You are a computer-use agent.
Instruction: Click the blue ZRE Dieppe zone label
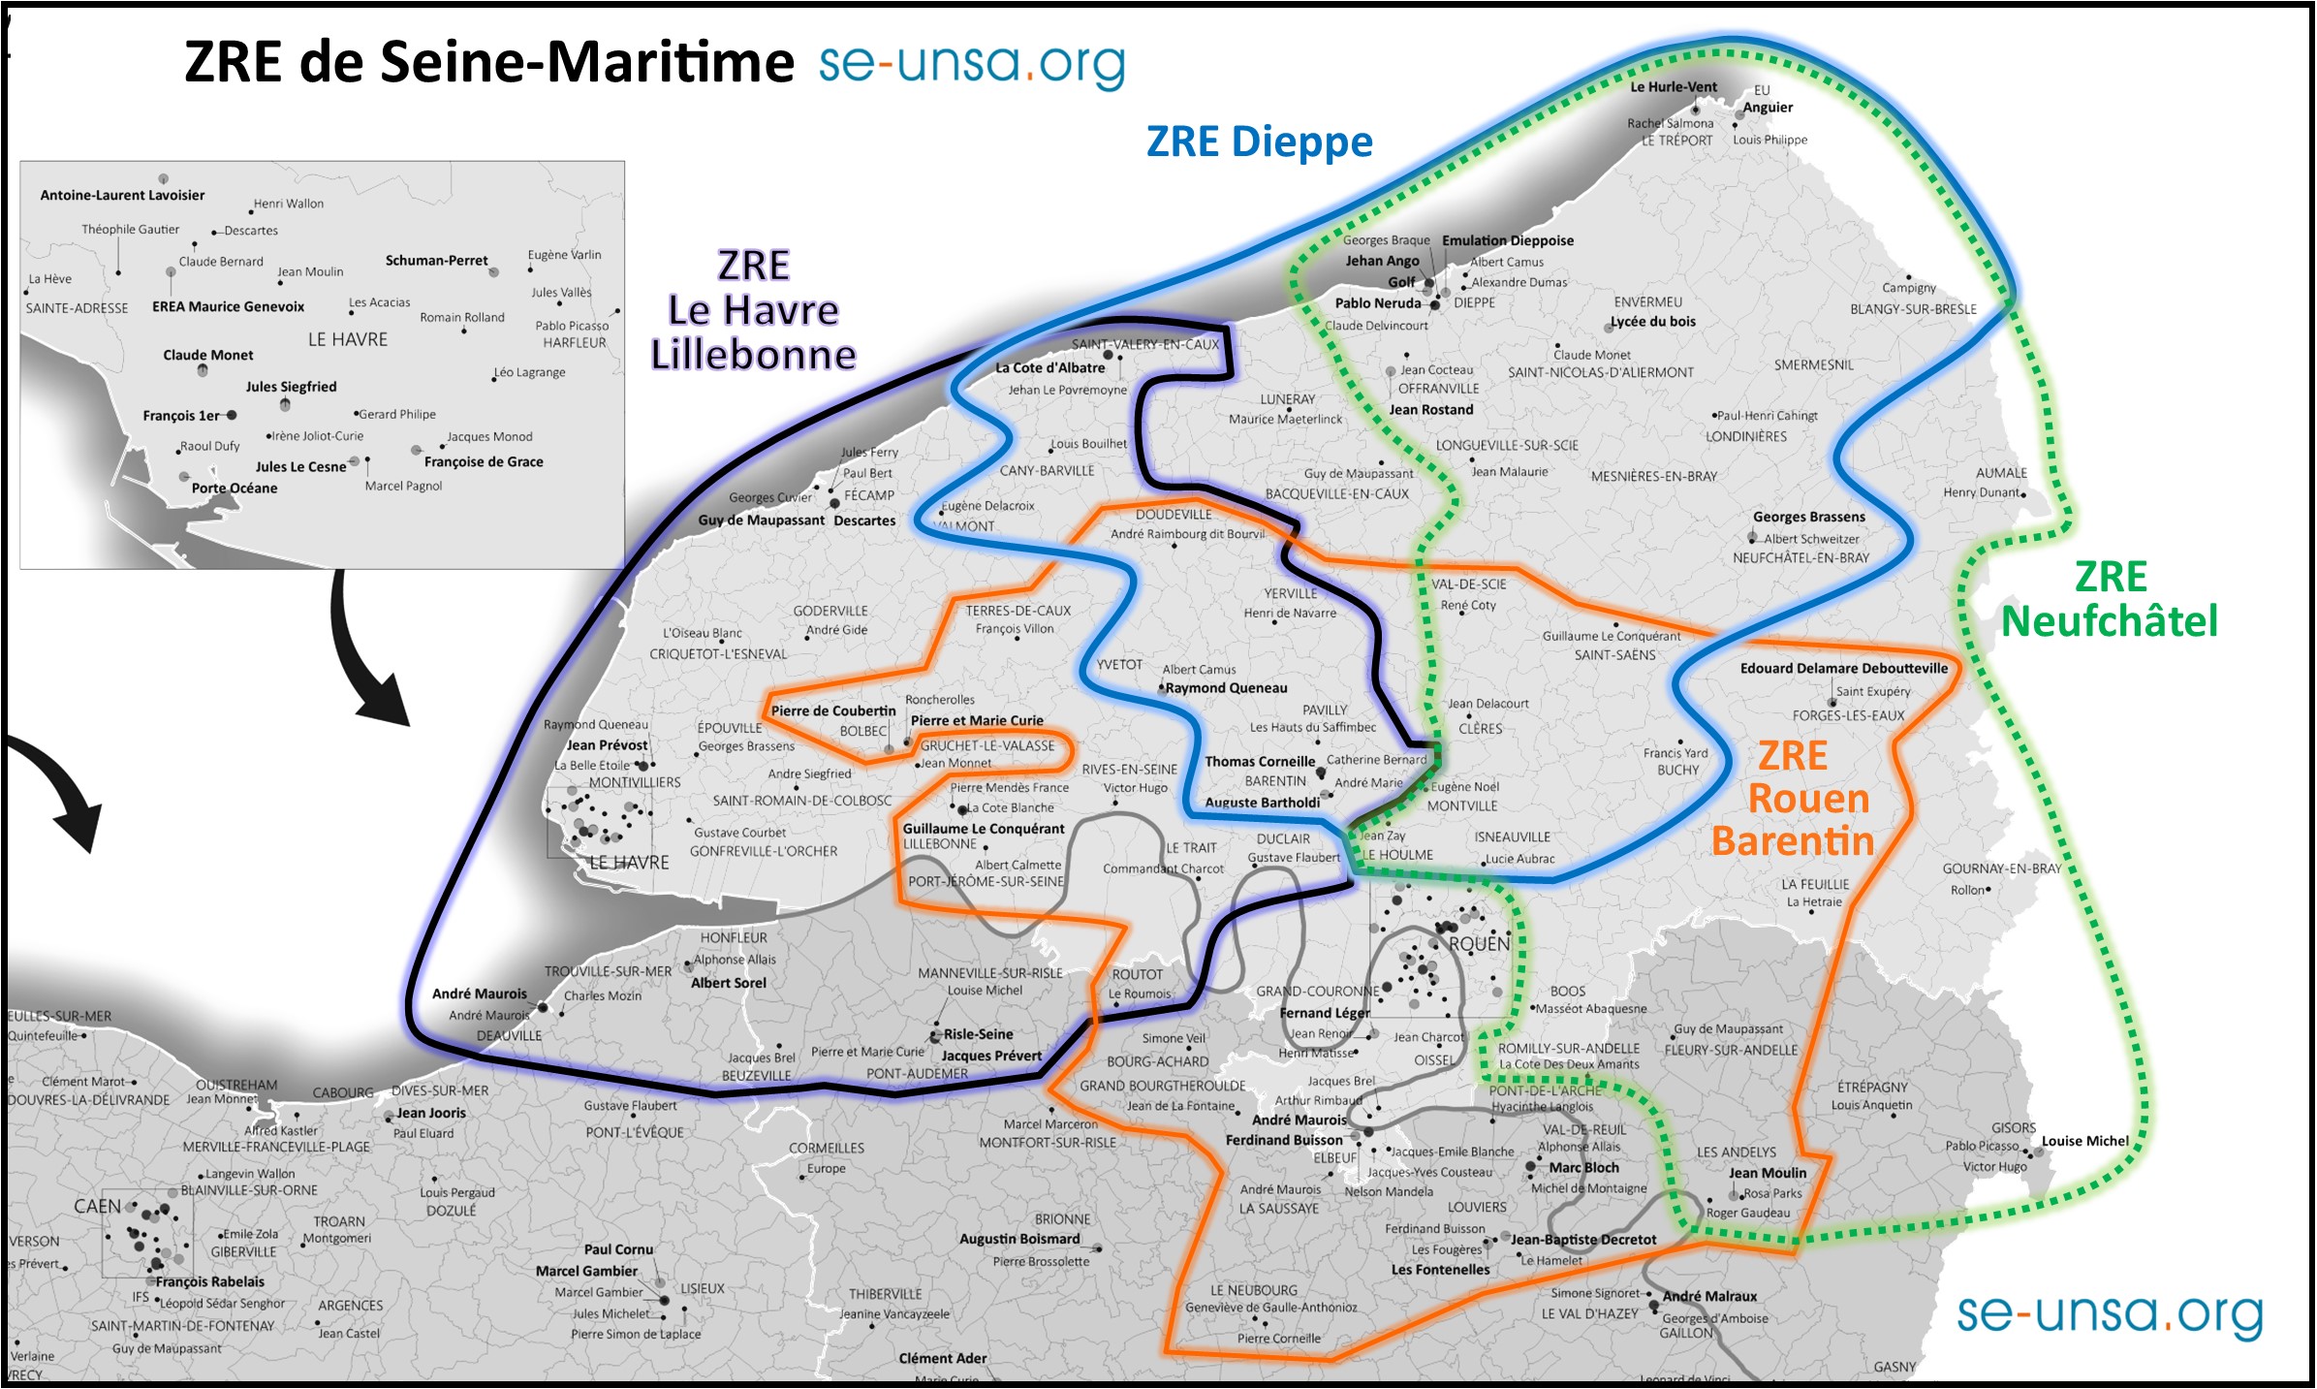(x=1259, y=142)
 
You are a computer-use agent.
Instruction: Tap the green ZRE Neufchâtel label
(x=2110, y=600)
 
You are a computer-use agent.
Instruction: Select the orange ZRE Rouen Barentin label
(x=1794, y=799)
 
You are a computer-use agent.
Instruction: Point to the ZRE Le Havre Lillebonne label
(x=753, y=310)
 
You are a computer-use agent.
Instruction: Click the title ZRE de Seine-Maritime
(x=488, y=62)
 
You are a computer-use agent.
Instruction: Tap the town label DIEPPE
(x=1474, y=303)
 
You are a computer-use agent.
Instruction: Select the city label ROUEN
(x=1479, y=943)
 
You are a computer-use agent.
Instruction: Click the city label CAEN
(x=98, y=1207)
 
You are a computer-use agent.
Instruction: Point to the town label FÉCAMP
(x=868, y=495)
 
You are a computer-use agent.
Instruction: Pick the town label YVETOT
(x=1119, y=665)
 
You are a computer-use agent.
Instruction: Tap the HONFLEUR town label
(x=734, y=938)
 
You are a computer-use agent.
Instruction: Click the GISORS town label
(x=2013, y=1128)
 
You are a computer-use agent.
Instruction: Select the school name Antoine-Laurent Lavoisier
(x=122, y=196)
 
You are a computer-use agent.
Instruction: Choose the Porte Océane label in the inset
(x=235, y=489)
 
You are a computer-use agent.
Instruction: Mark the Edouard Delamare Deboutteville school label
(x=1843, y=669)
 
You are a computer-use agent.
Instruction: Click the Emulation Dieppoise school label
(x=1507, y=240)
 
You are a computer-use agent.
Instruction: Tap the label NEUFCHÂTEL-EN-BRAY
(x=1800, y=558)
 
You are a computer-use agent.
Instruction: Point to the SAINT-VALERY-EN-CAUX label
(x=1144, y=344)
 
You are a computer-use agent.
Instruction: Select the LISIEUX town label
(x=702, y=1289)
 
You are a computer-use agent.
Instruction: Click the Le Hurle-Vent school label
(x=1674, y=87)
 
